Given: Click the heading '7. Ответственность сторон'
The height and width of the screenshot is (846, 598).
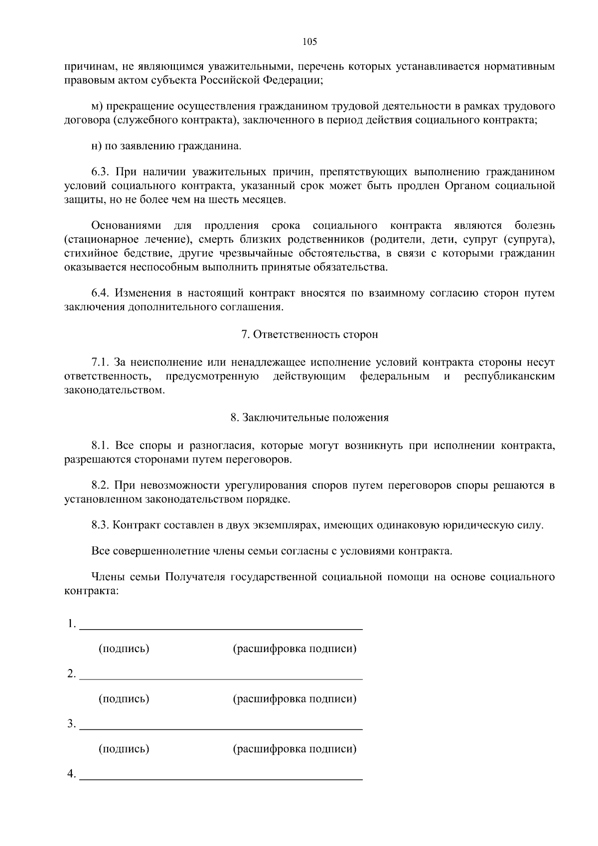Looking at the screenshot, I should pyautogui.click(x=309, y=335).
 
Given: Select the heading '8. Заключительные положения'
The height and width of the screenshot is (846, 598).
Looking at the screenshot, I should pyautogui.click(x=309, y=418).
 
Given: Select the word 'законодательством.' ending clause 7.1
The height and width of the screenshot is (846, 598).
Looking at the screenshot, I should pyautogui.click(x=115, y=390).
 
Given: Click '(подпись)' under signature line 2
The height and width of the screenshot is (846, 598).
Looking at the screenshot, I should pyautogui.click(x=124, y=698).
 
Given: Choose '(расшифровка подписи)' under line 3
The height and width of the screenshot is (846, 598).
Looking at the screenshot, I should pyautogui.click(x=295, y=748).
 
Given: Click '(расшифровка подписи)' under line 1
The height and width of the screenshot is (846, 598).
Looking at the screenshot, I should pyautogui.click(x=295, y=649).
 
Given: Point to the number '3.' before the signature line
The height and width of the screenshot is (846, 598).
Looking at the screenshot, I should pyautogui.click(x=72, y=724).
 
